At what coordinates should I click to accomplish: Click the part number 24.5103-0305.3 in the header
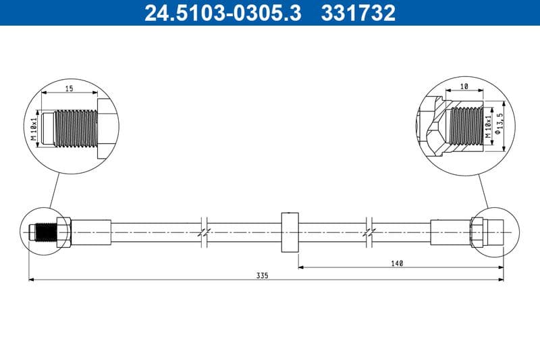(x=223, y=13)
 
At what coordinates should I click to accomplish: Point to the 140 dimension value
(x=397, y=263)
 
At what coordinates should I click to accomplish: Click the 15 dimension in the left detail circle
(x=69, y=88)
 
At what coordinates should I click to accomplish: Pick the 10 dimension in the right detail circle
(x=463, y=87)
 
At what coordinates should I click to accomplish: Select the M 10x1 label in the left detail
(x=33, y=128)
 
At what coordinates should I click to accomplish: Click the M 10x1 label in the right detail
(x=488, y=126)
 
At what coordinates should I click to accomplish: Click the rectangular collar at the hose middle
(x=289, y=232)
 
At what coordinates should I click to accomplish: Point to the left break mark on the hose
(x=205, y=232)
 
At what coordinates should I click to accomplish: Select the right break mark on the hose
(x=369, y=232)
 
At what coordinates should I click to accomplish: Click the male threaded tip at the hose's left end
(x=42, y=232)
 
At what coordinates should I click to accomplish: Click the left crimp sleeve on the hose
(x=90, y=232)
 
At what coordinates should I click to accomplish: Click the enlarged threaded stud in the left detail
(x=71, y=128)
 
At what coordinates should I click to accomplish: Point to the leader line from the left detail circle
(x=55, y=190)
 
